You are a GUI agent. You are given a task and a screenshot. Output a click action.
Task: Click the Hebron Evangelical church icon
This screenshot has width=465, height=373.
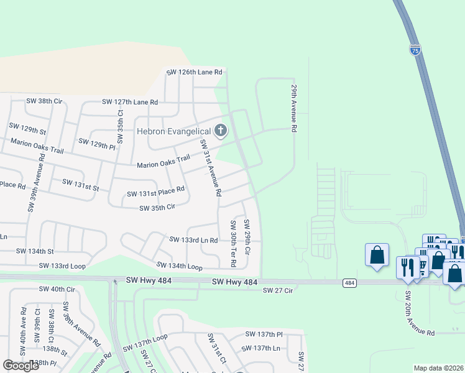(x=221, y=131)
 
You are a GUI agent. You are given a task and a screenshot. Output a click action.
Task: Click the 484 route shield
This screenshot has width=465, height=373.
(x=350, y=283)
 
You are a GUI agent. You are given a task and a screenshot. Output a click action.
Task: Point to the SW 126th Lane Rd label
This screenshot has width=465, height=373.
(x=194, y=72)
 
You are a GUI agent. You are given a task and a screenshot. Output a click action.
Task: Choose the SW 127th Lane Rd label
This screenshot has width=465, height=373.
(x=130, y=101)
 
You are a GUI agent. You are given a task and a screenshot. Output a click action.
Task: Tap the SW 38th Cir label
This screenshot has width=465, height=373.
(x=44, y=99)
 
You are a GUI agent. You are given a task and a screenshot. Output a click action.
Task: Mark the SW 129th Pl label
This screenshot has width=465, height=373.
(x=97, y=142)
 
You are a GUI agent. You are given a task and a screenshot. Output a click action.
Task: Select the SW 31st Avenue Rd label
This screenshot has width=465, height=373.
(x=209, y=168)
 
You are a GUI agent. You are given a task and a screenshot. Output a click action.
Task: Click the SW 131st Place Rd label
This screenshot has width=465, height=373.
(x=155, y=191)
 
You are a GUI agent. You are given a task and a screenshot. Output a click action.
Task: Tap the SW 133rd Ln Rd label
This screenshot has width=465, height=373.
(x=193, y=239)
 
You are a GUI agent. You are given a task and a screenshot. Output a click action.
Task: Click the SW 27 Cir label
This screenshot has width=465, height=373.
(x=277, y=290)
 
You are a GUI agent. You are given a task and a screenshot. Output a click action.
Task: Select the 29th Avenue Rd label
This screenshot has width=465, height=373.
(x=292, y=109)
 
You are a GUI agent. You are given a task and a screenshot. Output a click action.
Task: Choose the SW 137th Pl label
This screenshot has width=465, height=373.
(x=263, y=334)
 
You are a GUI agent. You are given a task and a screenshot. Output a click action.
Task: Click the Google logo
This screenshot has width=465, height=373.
(x=21, y=366)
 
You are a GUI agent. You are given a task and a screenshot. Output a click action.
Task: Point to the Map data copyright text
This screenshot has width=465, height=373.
(x=439, y=368)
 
